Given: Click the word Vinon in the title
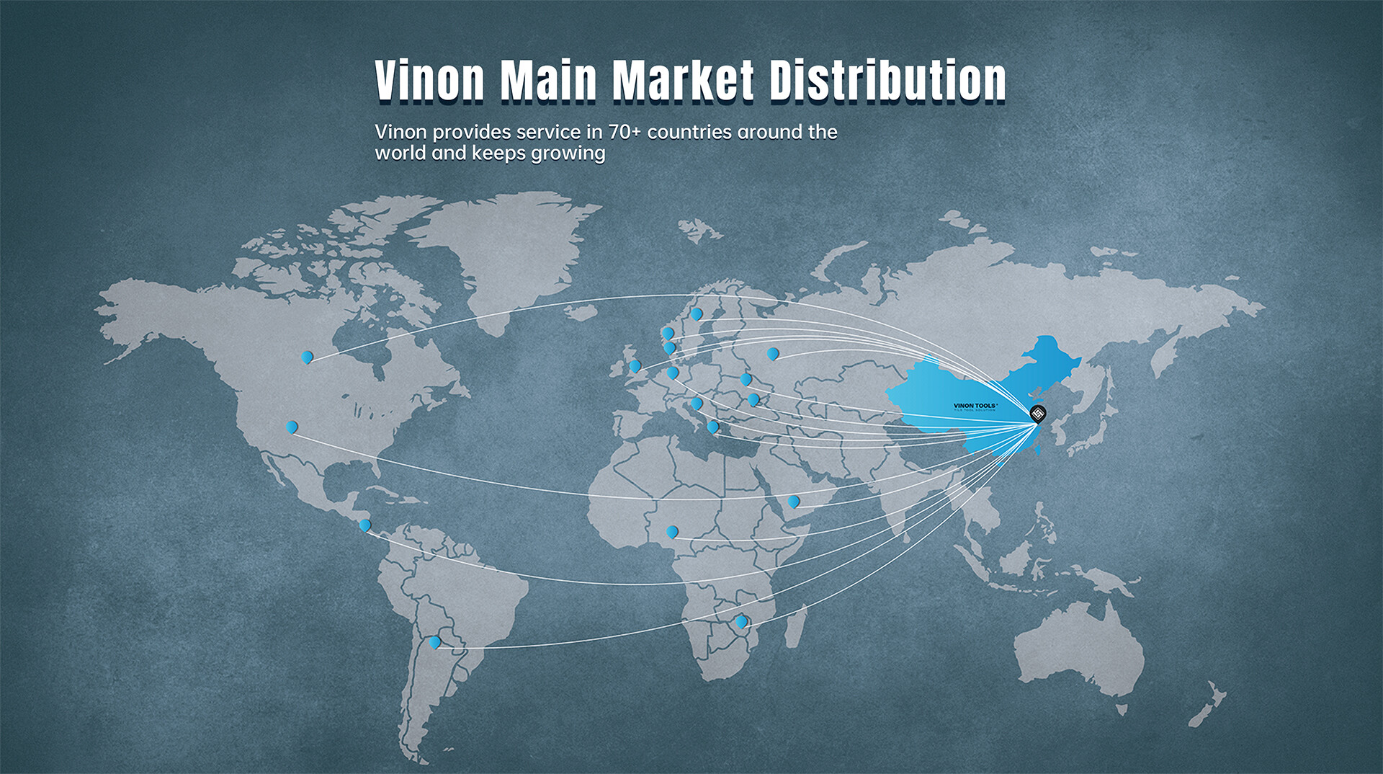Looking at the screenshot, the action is point(429,80).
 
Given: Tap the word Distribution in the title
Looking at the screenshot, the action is point(887,80).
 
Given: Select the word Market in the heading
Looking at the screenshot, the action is point(683,80).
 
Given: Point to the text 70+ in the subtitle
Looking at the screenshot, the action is point(624,132).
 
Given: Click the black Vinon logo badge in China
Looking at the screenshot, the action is point(1037,414).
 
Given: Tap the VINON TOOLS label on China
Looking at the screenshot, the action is point(975,406).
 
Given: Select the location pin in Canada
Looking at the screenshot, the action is point(307,357).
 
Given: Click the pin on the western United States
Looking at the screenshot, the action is point(292,427).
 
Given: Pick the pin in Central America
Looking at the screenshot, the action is point(365,525).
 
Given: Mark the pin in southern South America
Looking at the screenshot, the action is point(434,641).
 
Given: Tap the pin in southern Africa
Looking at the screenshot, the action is point(740,621).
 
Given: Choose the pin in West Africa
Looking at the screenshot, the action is point(672,532).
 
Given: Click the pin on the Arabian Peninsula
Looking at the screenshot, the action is point(793,501).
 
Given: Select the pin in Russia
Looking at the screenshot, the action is point(773,354).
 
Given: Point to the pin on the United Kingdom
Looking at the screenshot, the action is point(635,366).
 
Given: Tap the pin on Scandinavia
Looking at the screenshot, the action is point(697,313).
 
